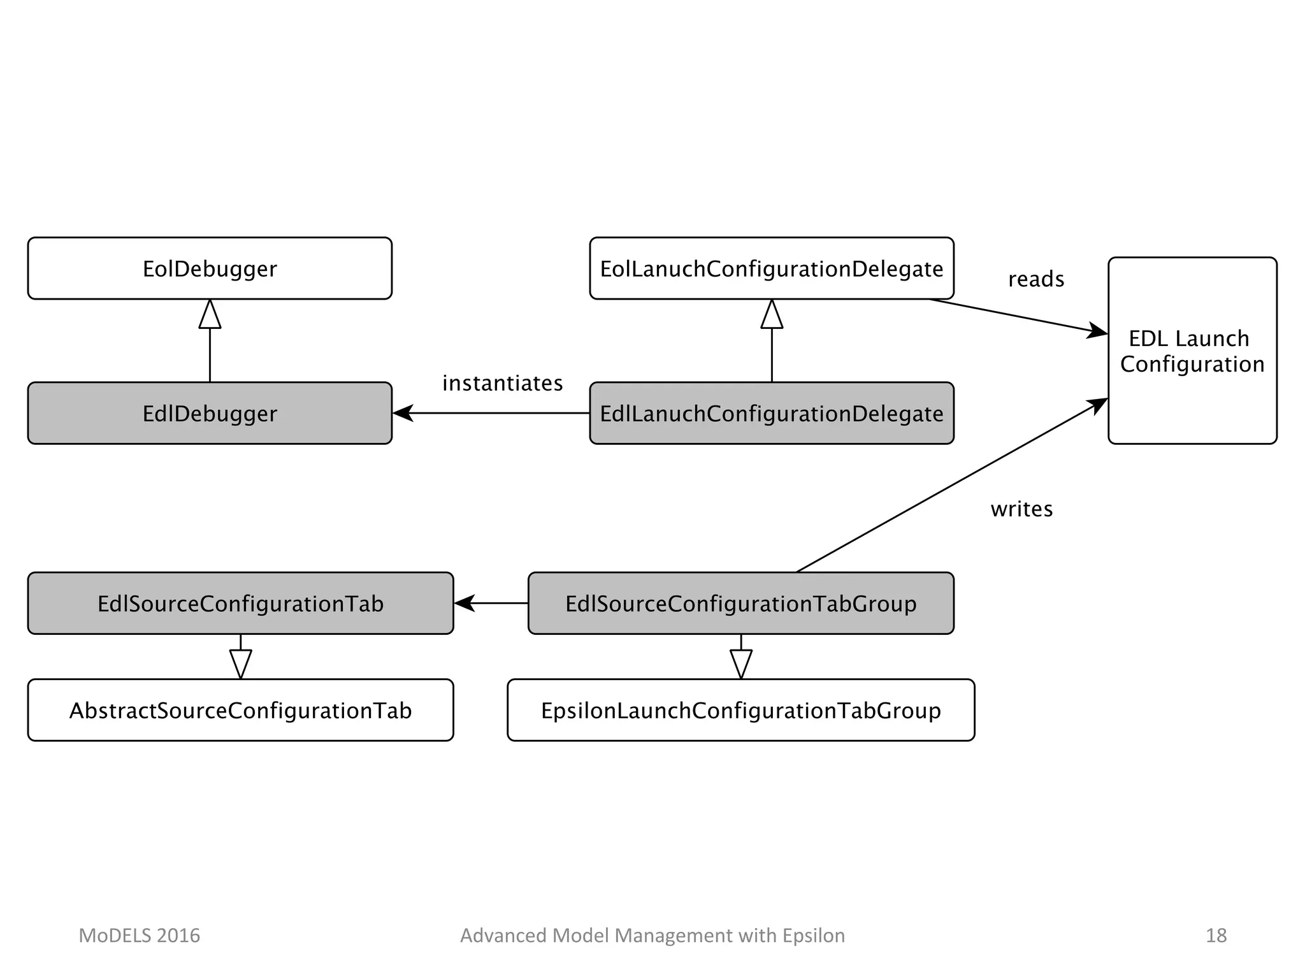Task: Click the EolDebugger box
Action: (210, 268)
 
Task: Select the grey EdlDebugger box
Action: (210, 413)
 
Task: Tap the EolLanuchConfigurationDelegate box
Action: (771, 268)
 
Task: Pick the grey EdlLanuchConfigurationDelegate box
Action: (771, 413)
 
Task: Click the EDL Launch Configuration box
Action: (1192, 351)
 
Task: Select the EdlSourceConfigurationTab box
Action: (240, 603)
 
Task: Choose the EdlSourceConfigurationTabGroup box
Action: (740, 603)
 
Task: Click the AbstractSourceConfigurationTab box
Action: (240, 710)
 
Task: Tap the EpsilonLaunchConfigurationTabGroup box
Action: (740, 710)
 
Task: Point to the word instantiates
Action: (502, 383)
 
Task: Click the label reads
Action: (1035, 279)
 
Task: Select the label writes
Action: (1021, 509)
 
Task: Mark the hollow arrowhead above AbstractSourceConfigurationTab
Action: (240, 664)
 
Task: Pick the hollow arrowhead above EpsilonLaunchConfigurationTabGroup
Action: (740, 664)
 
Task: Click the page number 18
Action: (1216, 935)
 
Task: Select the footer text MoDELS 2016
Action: (139, 935)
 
